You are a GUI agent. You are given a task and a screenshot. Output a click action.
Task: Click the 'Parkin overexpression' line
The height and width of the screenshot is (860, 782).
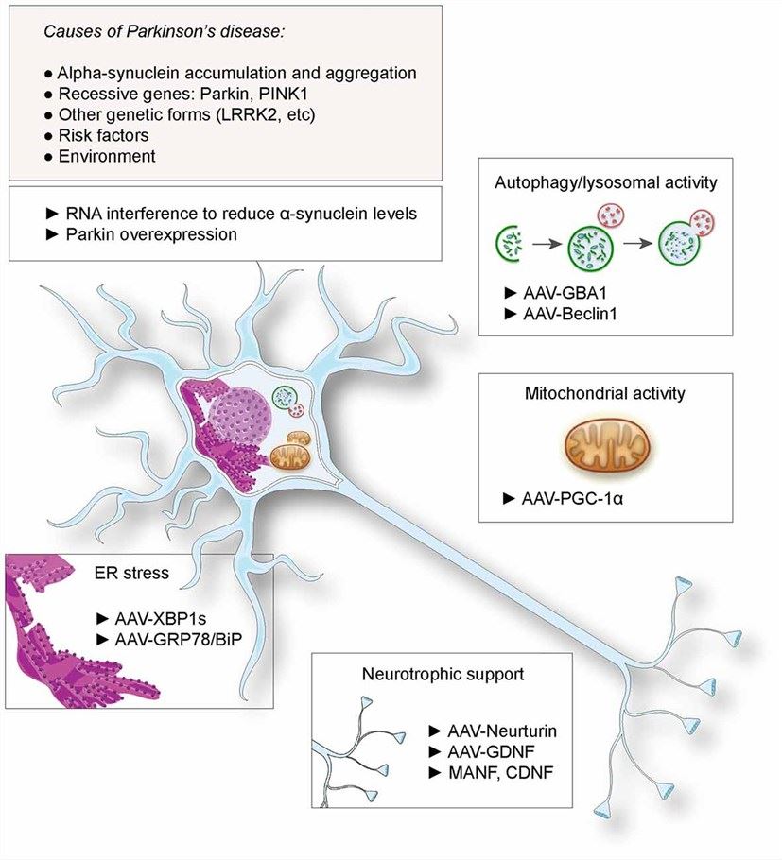[149, 233]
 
